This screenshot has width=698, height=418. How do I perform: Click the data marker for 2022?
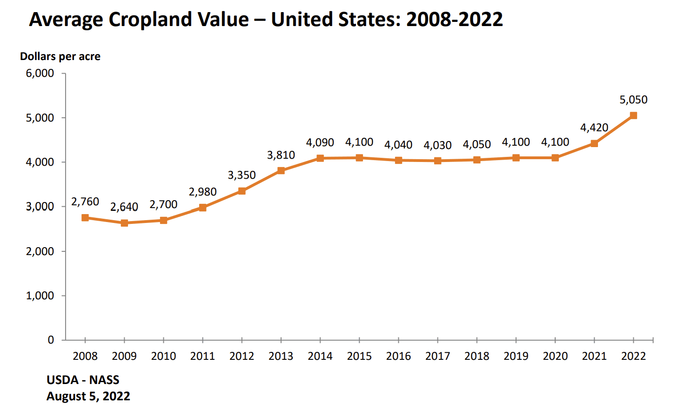click(633, 115)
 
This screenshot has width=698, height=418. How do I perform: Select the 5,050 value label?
click(633, 100)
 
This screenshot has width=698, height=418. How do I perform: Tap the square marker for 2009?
click(124, 223)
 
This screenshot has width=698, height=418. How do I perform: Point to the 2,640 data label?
click(124, 207)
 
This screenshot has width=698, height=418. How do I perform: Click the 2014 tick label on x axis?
click(320, 356)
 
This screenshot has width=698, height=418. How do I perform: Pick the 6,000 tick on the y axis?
click(40, 73)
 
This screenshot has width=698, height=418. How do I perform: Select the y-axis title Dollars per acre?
click(60, 56)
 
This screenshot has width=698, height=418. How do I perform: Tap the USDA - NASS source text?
click(83, 380)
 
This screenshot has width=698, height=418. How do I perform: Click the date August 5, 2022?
click(88, 396)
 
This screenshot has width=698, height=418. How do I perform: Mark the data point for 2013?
click(281, 171)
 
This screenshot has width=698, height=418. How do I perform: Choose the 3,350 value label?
click(242, 175)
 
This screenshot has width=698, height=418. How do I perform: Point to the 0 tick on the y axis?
click(51, 340)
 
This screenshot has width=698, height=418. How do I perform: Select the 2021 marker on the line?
click(594, 143)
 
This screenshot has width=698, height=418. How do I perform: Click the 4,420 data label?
click(594, 128)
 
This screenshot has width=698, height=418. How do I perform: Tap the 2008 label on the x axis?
click(85, 356)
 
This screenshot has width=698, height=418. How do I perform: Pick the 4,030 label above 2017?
click(437, 145)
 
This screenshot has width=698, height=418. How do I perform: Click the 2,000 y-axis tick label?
click(40, 251)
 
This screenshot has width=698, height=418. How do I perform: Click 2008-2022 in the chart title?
click(454, 20)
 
